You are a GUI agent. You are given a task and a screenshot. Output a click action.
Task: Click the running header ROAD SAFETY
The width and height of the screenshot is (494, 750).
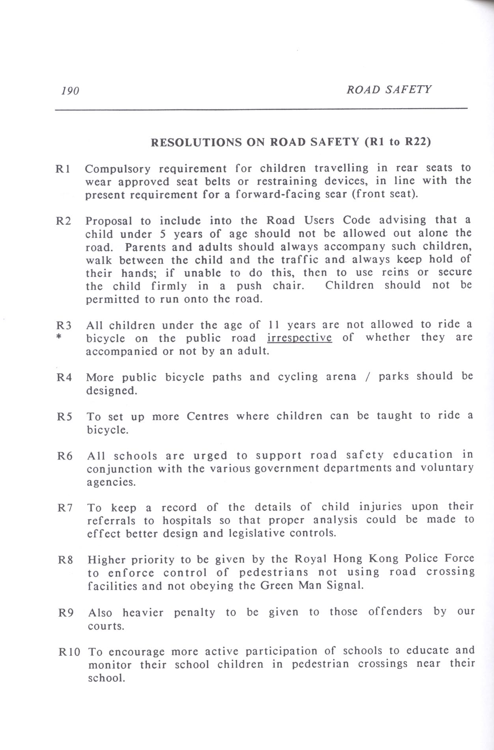(389, 90)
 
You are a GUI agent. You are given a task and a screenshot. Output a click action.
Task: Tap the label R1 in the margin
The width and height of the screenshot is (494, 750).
(63, 169)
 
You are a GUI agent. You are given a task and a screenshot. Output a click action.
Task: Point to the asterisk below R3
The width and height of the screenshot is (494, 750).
(59, 339)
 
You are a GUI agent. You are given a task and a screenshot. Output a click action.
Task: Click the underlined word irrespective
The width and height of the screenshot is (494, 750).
(299, 338)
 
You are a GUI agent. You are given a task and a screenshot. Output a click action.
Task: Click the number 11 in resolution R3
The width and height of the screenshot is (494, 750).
(273, 325)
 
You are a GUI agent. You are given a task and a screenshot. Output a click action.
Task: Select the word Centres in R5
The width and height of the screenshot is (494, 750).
(208, 417)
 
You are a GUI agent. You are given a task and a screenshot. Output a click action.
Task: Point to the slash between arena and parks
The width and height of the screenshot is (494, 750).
(368, 377)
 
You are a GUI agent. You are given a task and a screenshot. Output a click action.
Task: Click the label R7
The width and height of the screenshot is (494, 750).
(65, 508)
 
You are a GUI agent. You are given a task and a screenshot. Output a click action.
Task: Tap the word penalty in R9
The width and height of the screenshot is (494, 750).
(195, 613)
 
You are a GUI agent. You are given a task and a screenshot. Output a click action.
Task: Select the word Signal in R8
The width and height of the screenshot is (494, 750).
(346, 585)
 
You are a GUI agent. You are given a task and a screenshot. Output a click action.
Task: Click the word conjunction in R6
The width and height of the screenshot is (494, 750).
(119, 469)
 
